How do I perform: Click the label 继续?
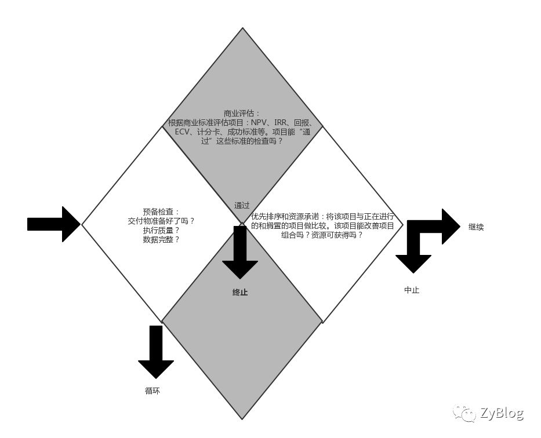[476, 227]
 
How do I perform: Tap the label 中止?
[412, 290]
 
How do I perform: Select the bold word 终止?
[240, 293]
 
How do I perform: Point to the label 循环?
[152, 391]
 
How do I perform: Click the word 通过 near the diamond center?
[242, 206]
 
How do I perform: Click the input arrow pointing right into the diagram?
[54, 224]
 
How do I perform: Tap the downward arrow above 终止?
[240, 253]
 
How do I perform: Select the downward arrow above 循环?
[156, 352]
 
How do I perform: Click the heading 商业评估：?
[242, 114]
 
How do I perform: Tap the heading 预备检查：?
[161, 212]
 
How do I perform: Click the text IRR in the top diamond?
[281, 123]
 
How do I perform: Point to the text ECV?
[182, 132]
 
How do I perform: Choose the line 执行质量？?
[161, 231]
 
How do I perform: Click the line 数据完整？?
[161, 240]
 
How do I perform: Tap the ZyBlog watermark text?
[502, 413]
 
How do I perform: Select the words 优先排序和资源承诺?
[285, 217]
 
